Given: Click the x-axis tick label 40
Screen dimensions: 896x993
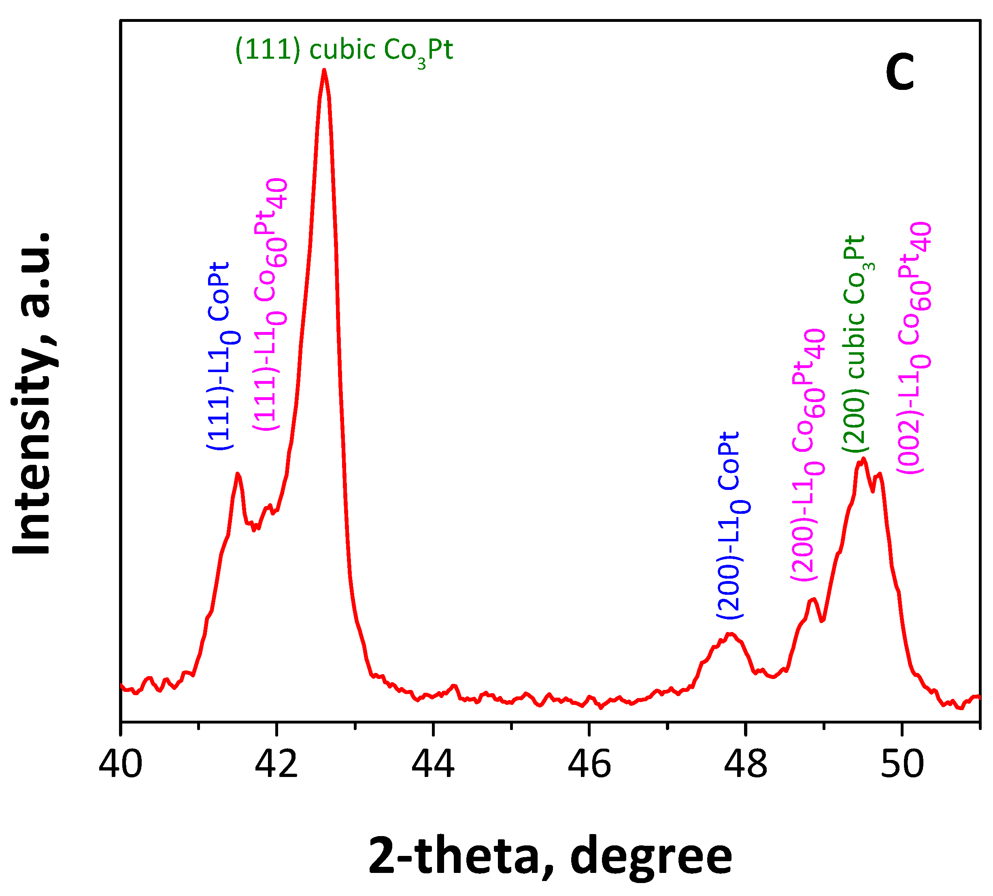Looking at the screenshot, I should (121, 764).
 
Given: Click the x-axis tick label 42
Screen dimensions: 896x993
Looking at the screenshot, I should (276, 764).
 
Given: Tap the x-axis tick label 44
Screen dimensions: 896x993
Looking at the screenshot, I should (433, 764).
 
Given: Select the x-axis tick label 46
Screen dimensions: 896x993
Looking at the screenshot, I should (589, 764).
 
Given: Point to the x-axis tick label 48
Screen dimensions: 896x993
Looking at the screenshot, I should (746, 764).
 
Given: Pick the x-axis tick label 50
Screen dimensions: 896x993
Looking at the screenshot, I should (902, 764).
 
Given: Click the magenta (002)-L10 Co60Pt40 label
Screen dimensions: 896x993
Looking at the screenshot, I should (914, 349).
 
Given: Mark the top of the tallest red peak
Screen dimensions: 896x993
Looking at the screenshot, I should (324, 70).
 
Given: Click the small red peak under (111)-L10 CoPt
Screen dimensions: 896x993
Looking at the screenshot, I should (238, 474).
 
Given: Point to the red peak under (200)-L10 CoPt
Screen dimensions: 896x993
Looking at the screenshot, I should (731, 634).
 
